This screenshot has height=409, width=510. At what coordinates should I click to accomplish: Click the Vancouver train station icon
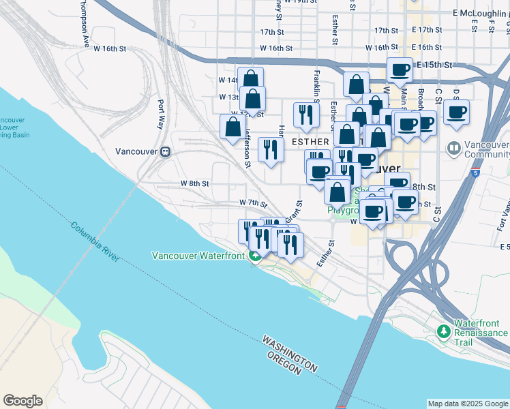[x=164, y=151]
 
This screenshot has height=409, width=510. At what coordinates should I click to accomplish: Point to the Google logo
[x=22, y=401]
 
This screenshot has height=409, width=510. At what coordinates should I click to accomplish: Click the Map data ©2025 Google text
[x=468, y=404]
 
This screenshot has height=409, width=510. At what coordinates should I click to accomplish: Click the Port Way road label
[x=161, y=115]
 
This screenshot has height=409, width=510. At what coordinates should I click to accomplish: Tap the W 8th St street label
[x=194, y=183]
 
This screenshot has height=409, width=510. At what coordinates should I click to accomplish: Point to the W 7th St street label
[x=253, y=202]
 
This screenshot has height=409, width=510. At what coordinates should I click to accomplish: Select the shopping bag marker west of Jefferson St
[x=232, y=126]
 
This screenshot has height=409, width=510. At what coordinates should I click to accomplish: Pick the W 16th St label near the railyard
[x=110, y=48]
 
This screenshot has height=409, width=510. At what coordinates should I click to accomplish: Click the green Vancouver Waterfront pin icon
[x=254, y=256]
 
